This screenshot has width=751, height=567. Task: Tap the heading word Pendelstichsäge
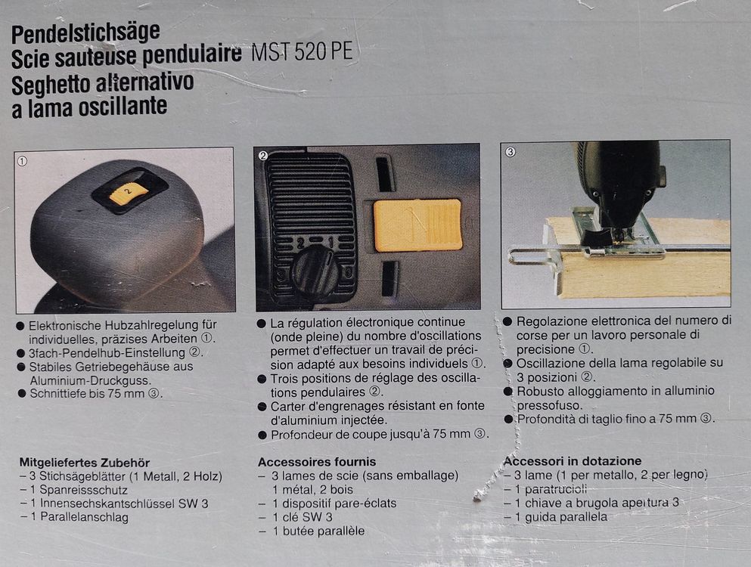tap(85, 33)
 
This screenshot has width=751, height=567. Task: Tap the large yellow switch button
tap(417, 225)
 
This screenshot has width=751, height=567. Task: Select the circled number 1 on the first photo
tap(23, 161)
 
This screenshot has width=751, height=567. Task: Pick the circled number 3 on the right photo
tap(510, 152)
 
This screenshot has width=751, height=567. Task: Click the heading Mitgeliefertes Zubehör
tap(85, 462)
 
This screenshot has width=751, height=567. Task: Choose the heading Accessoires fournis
tap(317, 461)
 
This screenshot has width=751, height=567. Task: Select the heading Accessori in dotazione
tap(573, 461)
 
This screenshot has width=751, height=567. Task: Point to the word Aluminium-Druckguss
tap(90, 380)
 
